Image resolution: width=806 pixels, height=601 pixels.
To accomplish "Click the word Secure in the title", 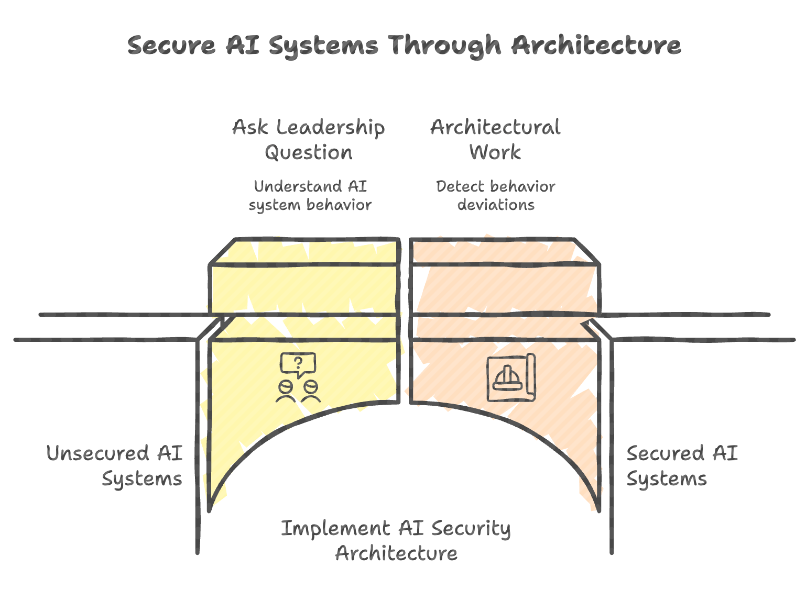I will [x=171, y=46].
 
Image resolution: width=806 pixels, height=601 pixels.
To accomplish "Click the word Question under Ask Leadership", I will [x=309, y=153].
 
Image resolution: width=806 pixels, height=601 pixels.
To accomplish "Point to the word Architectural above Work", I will [x=495, y=127].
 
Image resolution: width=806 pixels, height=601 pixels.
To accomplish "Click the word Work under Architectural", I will [x=495, y=153].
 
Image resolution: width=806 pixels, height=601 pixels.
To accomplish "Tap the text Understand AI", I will [x=310, y=186].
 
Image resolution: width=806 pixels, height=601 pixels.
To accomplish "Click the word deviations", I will [x=496, y=205].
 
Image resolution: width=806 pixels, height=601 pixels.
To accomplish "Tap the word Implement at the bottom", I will [x=335, y=528].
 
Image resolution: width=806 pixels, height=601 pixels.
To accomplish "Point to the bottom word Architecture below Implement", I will [x=396, y=553].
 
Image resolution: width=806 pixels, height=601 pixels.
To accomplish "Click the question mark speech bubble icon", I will [x=298, y=363].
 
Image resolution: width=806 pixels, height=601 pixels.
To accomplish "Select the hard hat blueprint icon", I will [x=511, y=378].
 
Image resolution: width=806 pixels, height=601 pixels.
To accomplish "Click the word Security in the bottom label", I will [x=471, y=529].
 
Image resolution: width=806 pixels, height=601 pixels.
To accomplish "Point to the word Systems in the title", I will [x=323, y=47].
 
